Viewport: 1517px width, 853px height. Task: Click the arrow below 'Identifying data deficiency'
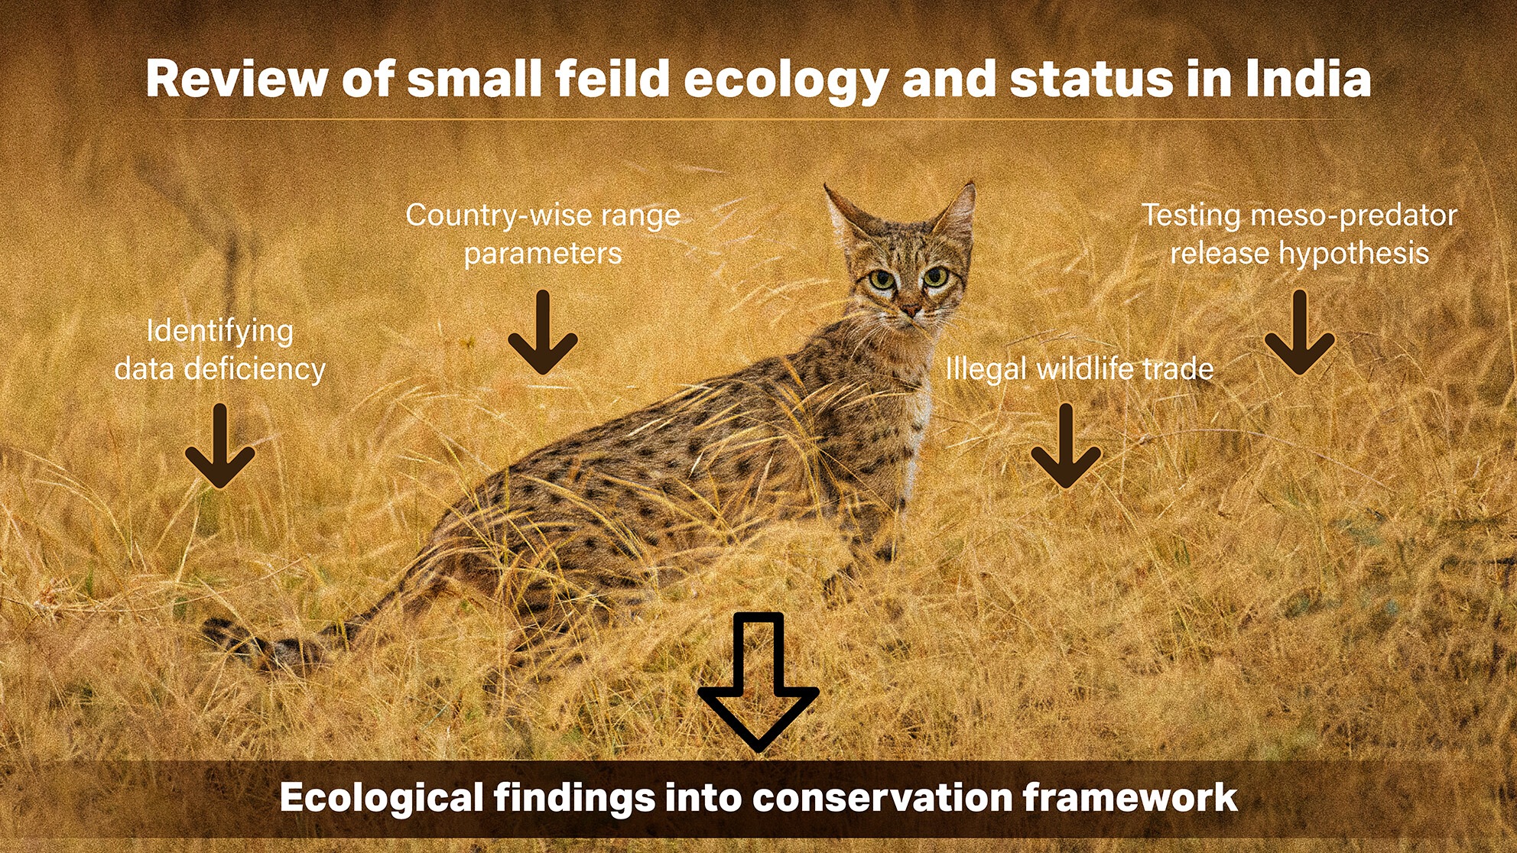coord(220,446)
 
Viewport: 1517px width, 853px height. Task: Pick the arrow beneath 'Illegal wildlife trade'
coord(1066,446)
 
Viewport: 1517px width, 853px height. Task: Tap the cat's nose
coord(910,310)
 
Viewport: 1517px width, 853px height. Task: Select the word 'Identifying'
coord(220,331)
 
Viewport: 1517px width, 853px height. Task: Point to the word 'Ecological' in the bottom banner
coord(381,798)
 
